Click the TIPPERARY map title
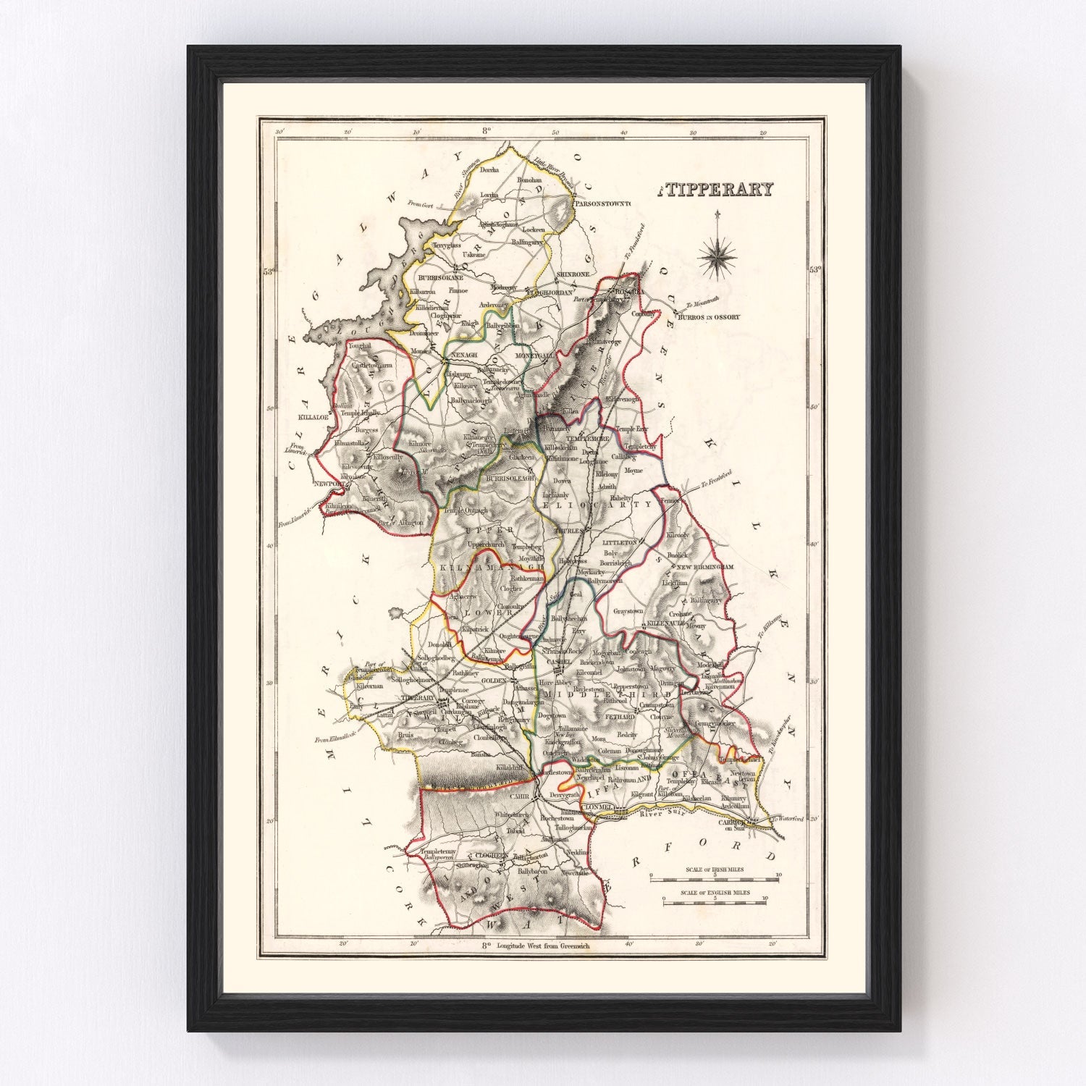coord(717,190)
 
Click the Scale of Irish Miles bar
coord(714,877)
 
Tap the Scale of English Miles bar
coord(714,902)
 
